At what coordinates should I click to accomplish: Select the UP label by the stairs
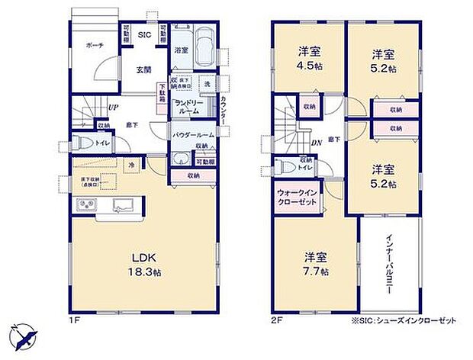(113, 107)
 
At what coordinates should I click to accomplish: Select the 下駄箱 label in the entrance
(161, 93)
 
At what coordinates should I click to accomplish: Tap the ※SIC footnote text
(404, 321)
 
